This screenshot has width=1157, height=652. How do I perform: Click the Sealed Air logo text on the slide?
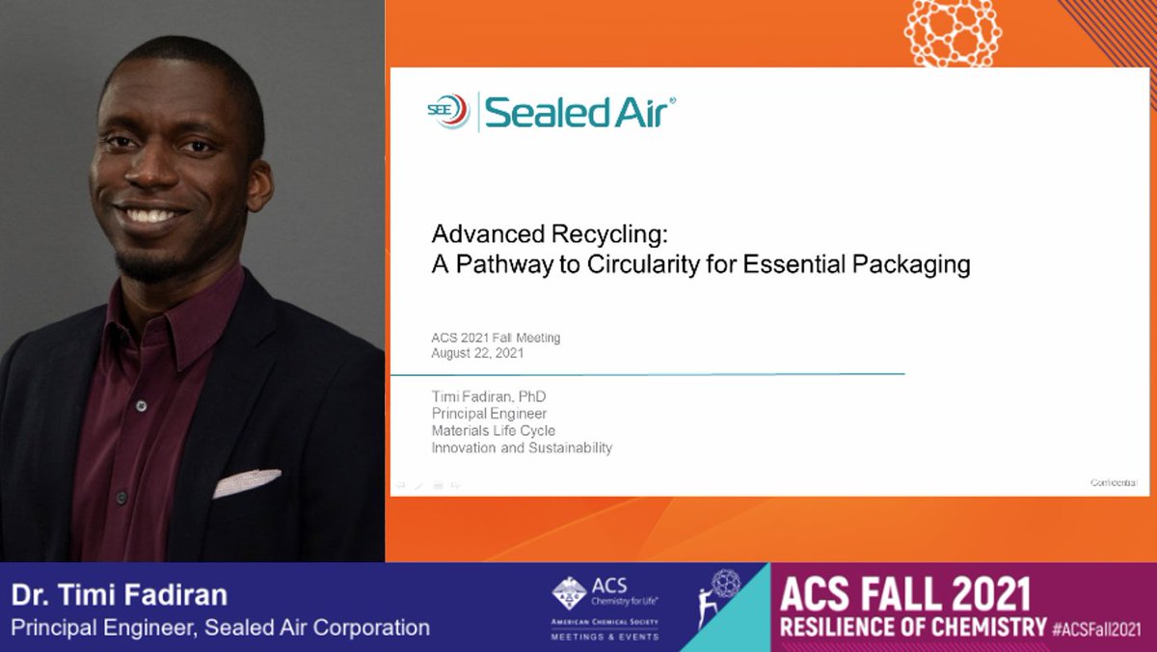pos(578,112)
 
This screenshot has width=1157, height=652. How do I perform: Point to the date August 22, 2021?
pos(477,353)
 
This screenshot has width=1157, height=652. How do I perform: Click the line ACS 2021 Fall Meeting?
pos(496,338)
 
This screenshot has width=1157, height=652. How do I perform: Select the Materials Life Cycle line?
pos(493,430)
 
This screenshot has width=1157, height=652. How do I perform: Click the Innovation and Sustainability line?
pos(522,448)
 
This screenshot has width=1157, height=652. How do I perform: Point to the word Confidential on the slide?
pos(1114,482)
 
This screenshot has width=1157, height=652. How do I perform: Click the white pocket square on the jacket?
pos(247,482)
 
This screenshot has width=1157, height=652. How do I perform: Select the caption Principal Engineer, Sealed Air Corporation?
pos(220,627)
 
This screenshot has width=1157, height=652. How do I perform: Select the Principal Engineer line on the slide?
pos(489,414)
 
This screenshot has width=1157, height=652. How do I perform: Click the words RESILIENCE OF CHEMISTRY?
pos(912,627)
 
